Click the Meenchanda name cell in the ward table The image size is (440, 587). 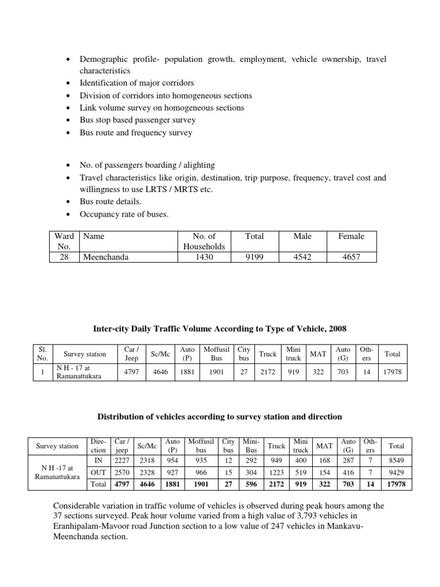(106, 257)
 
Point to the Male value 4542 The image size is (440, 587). (302, 257)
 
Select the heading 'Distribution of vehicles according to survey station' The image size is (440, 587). (220, 416)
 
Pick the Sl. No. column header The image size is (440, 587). (41, 353)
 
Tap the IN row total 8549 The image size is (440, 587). (396, 460)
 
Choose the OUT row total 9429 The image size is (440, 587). (396, 472)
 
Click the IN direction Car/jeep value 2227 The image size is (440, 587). (121, 460)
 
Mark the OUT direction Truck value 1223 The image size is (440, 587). (276, 472)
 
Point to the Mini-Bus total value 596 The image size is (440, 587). (251, 484)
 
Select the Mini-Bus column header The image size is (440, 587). (251, 445)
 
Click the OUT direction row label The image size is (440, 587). (97, 472)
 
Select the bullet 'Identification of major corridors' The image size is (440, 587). (136, 83)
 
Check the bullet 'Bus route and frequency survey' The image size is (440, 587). (136, 132)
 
